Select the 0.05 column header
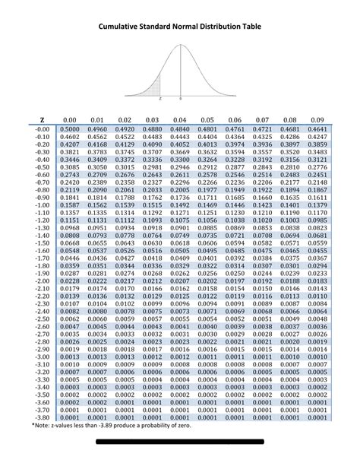click(x=207, y=120)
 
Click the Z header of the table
click(x=43, y=120)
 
